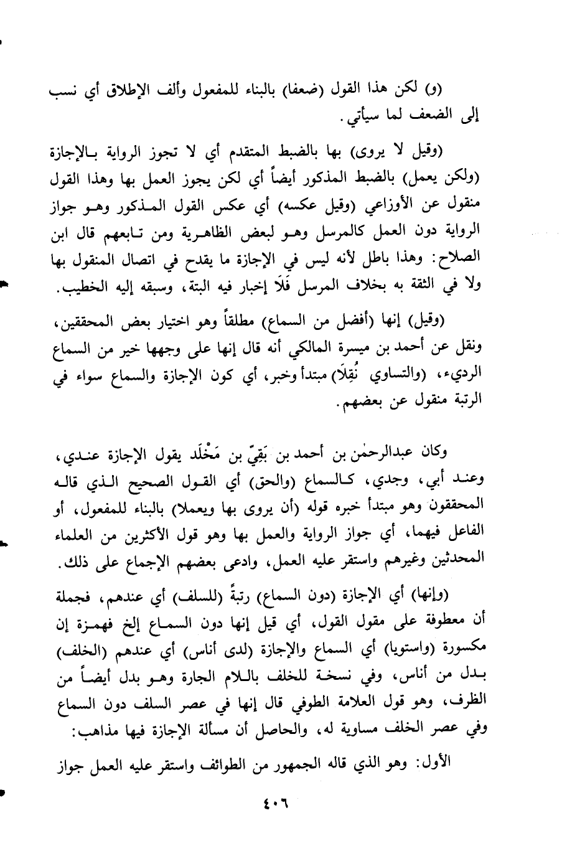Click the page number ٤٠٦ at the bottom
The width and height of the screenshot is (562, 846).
[x=273, y=800]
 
